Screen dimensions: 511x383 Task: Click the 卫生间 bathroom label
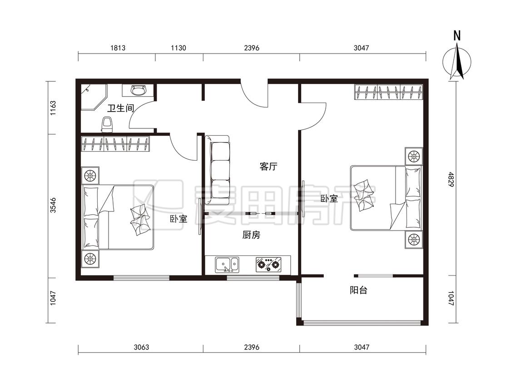pyautogui.click(x=121, y=108)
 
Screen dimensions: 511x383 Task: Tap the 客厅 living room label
pyautogui.click(x=268, y=167)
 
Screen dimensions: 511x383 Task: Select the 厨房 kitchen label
pyautogui.click(x=251, y=235)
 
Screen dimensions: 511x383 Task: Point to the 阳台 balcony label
pyautogui.click(x=358, y=290)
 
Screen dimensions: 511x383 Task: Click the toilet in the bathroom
pyautogui.click(x=107, y=124)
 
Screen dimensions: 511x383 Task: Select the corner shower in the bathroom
pyautogui.click(x=94, y=98)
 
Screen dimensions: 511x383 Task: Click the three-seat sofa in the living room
pyautogui.click(x=218, y=170)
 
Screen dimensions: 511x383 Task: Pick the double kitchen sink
pyautogui.click(x=227, y=265)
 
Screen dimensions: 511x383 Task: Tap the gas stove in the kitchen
pyautogui.click(x=268, y=265)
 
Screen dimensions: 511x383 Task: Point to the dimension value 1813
pyautogui.click(x=118, y=48)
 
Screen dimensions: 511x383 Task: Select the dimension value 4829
pyautogui.click(x=451, y=179)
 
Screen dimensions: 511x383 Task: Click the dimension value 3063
pyautogui.click(x=141, y=347)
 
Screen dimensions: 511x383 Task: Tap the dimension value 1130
pyautogui.click(x=179, y=48)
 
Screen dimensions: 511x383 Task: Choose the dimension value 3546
pyautogui.click(x=53, y=205)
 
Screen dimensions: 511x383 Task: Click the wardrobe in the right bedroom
pyautogui.click(x=389, y=92)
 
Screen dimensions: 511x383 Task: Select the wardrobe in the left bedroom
pyautogui.click(x=115, y=143)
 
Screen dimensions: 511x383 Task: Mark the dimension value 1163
pyautogui.click(x=53, y=108)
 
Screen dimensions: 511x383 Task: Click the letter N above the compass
pyautogui.click(x=457, y=35)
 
